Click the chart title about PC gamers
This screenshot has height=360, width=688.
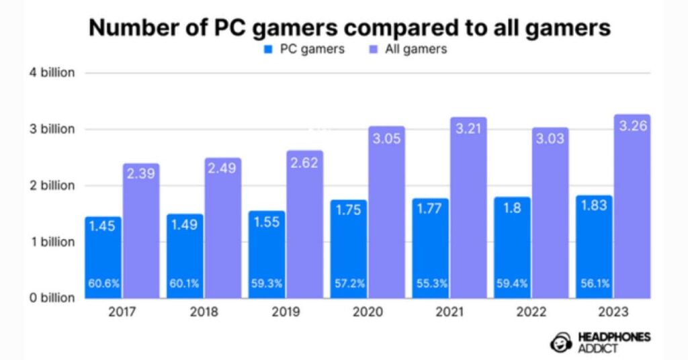pyautogui.click(x=350, y=28)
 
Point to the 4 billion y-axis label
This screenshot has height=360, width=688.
pyautogui.click(x=52, y=73)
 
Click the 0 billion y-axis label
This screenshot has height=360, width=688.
pyautogui.click(x=52, y=298)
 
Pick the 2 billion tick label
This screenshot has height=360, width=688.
pyautogui.click(x=52, y=185)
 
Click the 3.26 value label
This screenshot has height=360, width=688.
pyautogui.click(x=633, y=126)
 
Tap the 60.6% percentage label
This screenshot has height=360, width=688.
pyautogui.click(x=103, y=284)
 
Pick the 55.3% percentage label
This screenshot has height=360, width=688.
pyautogui.click(x=431, y=284)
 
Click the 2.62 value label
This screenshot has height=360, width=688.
pyautogui.click(x=305, y=162)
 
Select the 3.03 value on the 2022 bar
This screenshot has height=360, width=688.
pyautogui.click(x=551, y=139)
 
